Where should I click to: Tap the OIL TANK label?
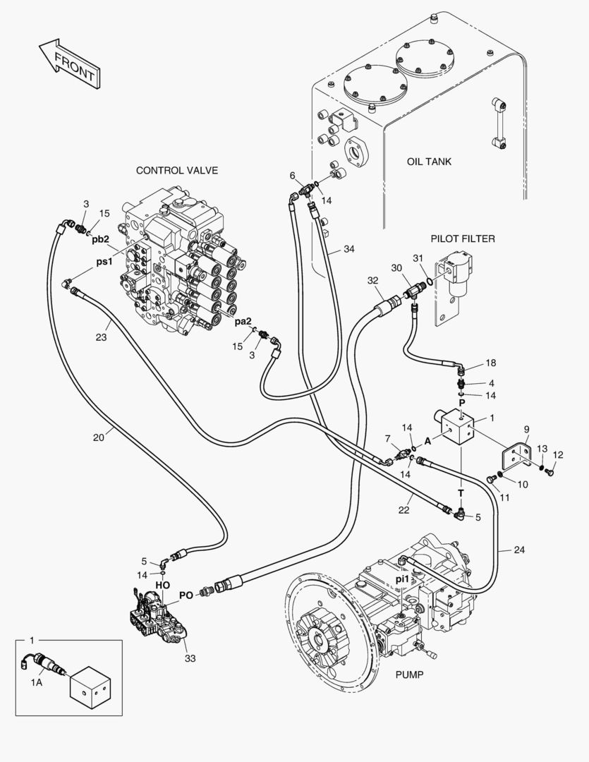tap(429, 162)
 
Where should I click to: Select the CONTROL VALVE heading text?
tap(176, 170)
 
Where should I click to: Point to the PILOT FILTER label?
tap(462, 238)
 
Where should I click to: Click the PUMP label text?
tap(409, 675)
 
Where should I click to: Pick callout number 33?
tap(190, 658)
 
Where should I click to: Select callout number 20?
tap(98, 437)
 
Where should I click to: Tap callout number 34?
tap(349, 249)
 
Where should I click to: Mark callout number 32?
tap(373, 280)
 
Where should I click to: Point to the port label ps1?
tap(104, 261)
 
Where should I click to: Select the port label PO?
tap(186, 595)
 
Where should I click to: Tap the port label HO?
tap(163, 585)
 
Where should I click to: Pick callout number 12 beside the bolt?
tap(558, 454)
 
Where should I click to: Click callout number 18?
tap(490, 363)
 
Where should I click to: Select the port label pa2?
tap(243, 322)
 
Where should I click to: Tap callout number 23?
tap(102, 337)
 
